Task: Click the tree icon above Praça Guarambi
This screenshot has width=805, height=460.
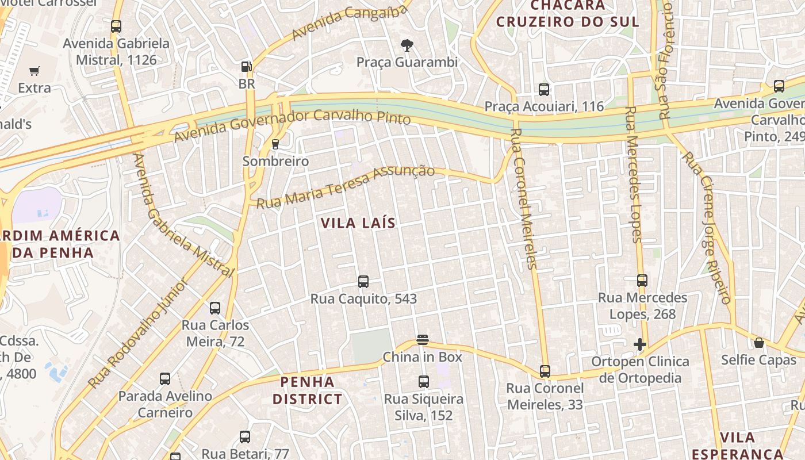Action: click(x=407, y=45)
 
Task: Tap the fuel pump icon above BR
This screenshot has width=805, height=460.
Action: click(x=247, y=67)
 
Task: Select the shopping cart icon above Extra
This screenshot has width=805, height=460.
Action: click(x=34, y=71)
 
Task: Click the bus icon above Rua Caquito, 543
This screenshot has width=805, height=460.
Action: click(x=363, y=282)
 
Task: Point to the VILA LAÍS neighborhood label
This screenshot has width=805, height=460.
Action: click(x=358, y=223)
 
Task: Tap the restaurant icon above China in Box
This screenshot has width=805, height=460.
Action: click(x=423, y=340)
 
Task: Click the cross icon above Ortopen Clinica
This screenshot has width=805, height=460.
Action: click(x=639, y=344)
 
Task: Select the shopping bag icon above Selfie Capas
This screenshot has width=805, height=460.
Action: click(x=759, y=343)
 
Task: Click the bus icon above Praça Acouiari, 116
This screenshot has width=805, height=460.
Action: click(x=544, y=90)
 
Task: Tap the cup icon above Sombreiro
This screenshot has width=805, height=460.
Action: click(x=275, y=144)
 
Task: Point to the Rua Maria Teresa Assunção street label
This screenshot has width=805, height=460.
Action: click(x=346, y=186)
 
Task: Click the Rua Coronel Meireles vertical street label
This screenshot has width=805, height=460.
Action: click(x=523, y=198)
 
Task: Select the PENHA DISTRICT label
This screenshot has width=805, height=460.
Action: click(x=307, y=390)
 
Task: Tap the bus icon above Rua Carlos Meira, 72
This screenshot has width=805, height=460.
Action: click(x=215, y=308)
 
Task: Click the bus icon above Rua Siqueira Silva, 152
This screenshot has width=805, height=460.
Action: click(x=424, y=382)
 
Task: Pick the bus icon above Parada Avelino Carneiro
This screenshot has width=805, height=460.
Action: click(x=165, y=379)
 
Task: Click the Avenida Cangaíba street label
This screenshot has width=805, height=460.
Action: click(x=351, y=20)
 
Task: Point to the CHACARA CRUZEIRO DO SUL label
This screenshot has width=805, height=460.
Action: click(x=568, y=14)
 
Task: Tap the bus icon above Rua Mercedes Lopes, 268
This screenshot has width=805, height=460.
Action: click(x=642, y=281)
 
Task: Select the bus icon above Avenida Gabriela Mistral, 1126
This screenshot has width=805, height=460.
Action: click(x=116, y=26)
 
